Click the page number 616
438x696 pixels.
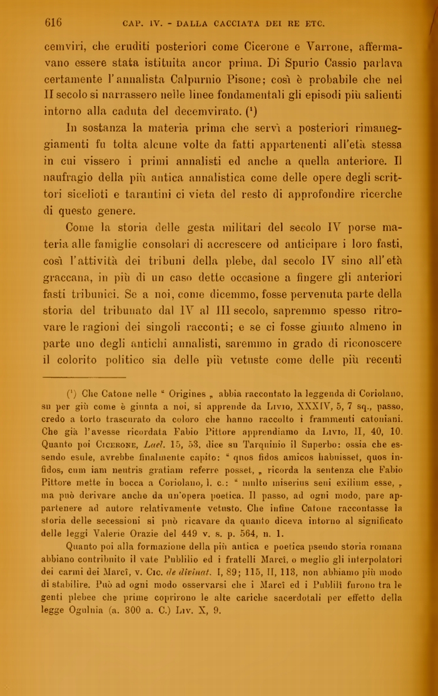(53, 23)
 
